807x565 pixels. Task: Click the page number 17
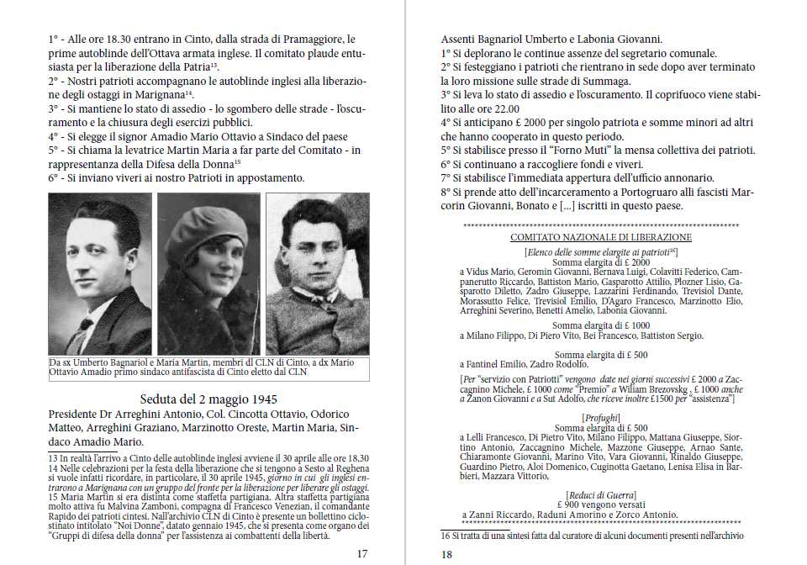tap(362, 553)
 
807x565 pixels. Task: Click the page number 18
tap(447, 553)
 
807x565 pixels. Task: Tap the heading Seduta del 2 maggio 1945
tap(209, 399)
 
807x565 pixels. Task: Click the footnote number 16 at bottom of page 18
tap(446, 536)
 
